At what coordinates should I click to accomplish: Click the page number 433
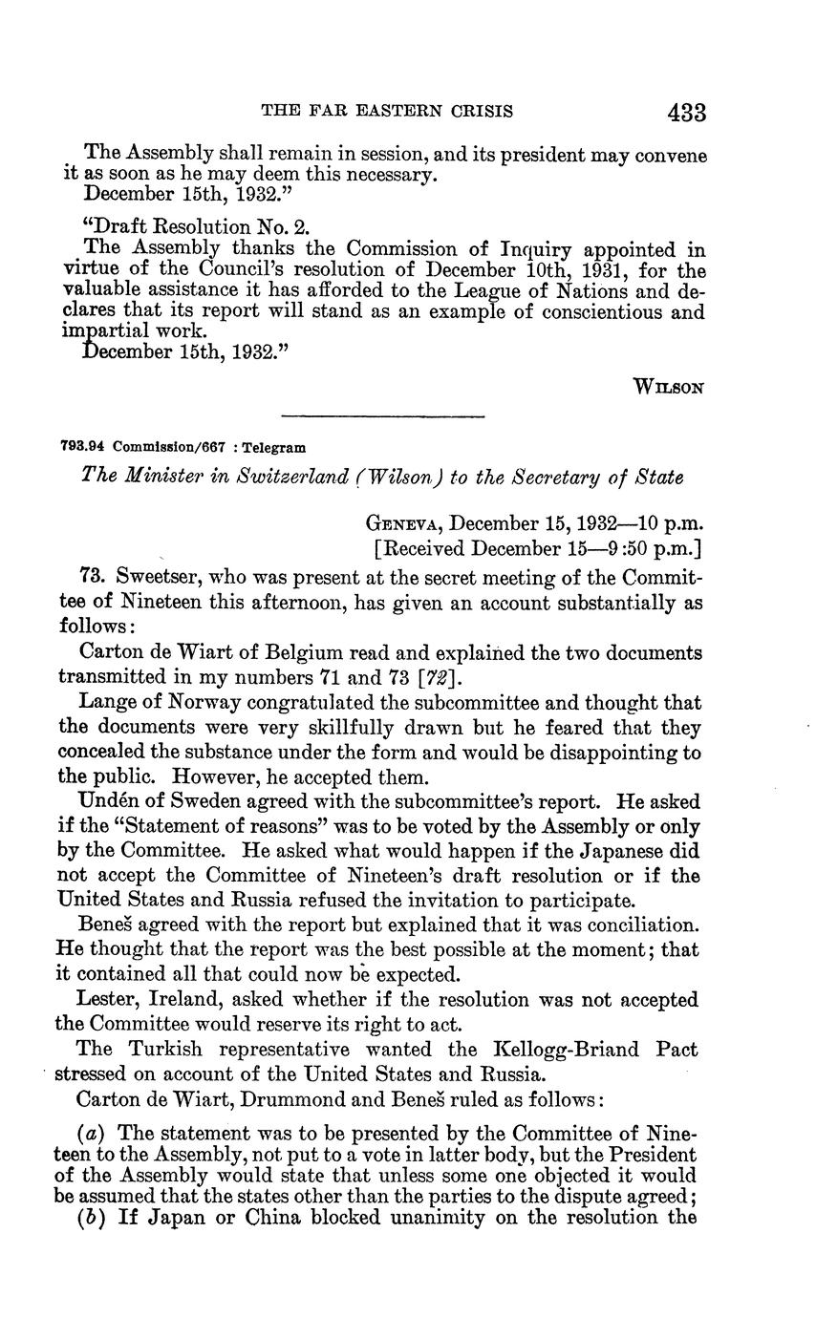click(x=687, y=113)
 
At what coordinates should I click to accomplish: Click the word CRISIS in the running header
click(x=474, y=112)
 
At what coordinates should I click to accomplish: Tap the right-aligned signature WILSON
click(x=669, y=387)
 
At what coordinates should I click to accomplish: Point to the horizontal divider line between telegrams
click(x=383, y=415)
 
